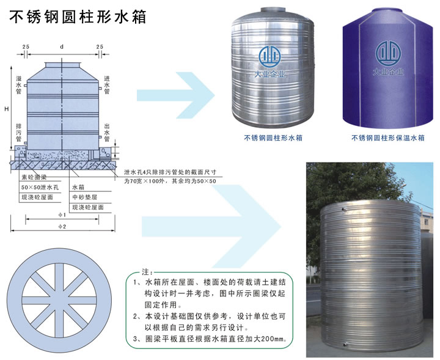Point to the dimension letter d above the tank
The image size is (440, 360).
[62, 47]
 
